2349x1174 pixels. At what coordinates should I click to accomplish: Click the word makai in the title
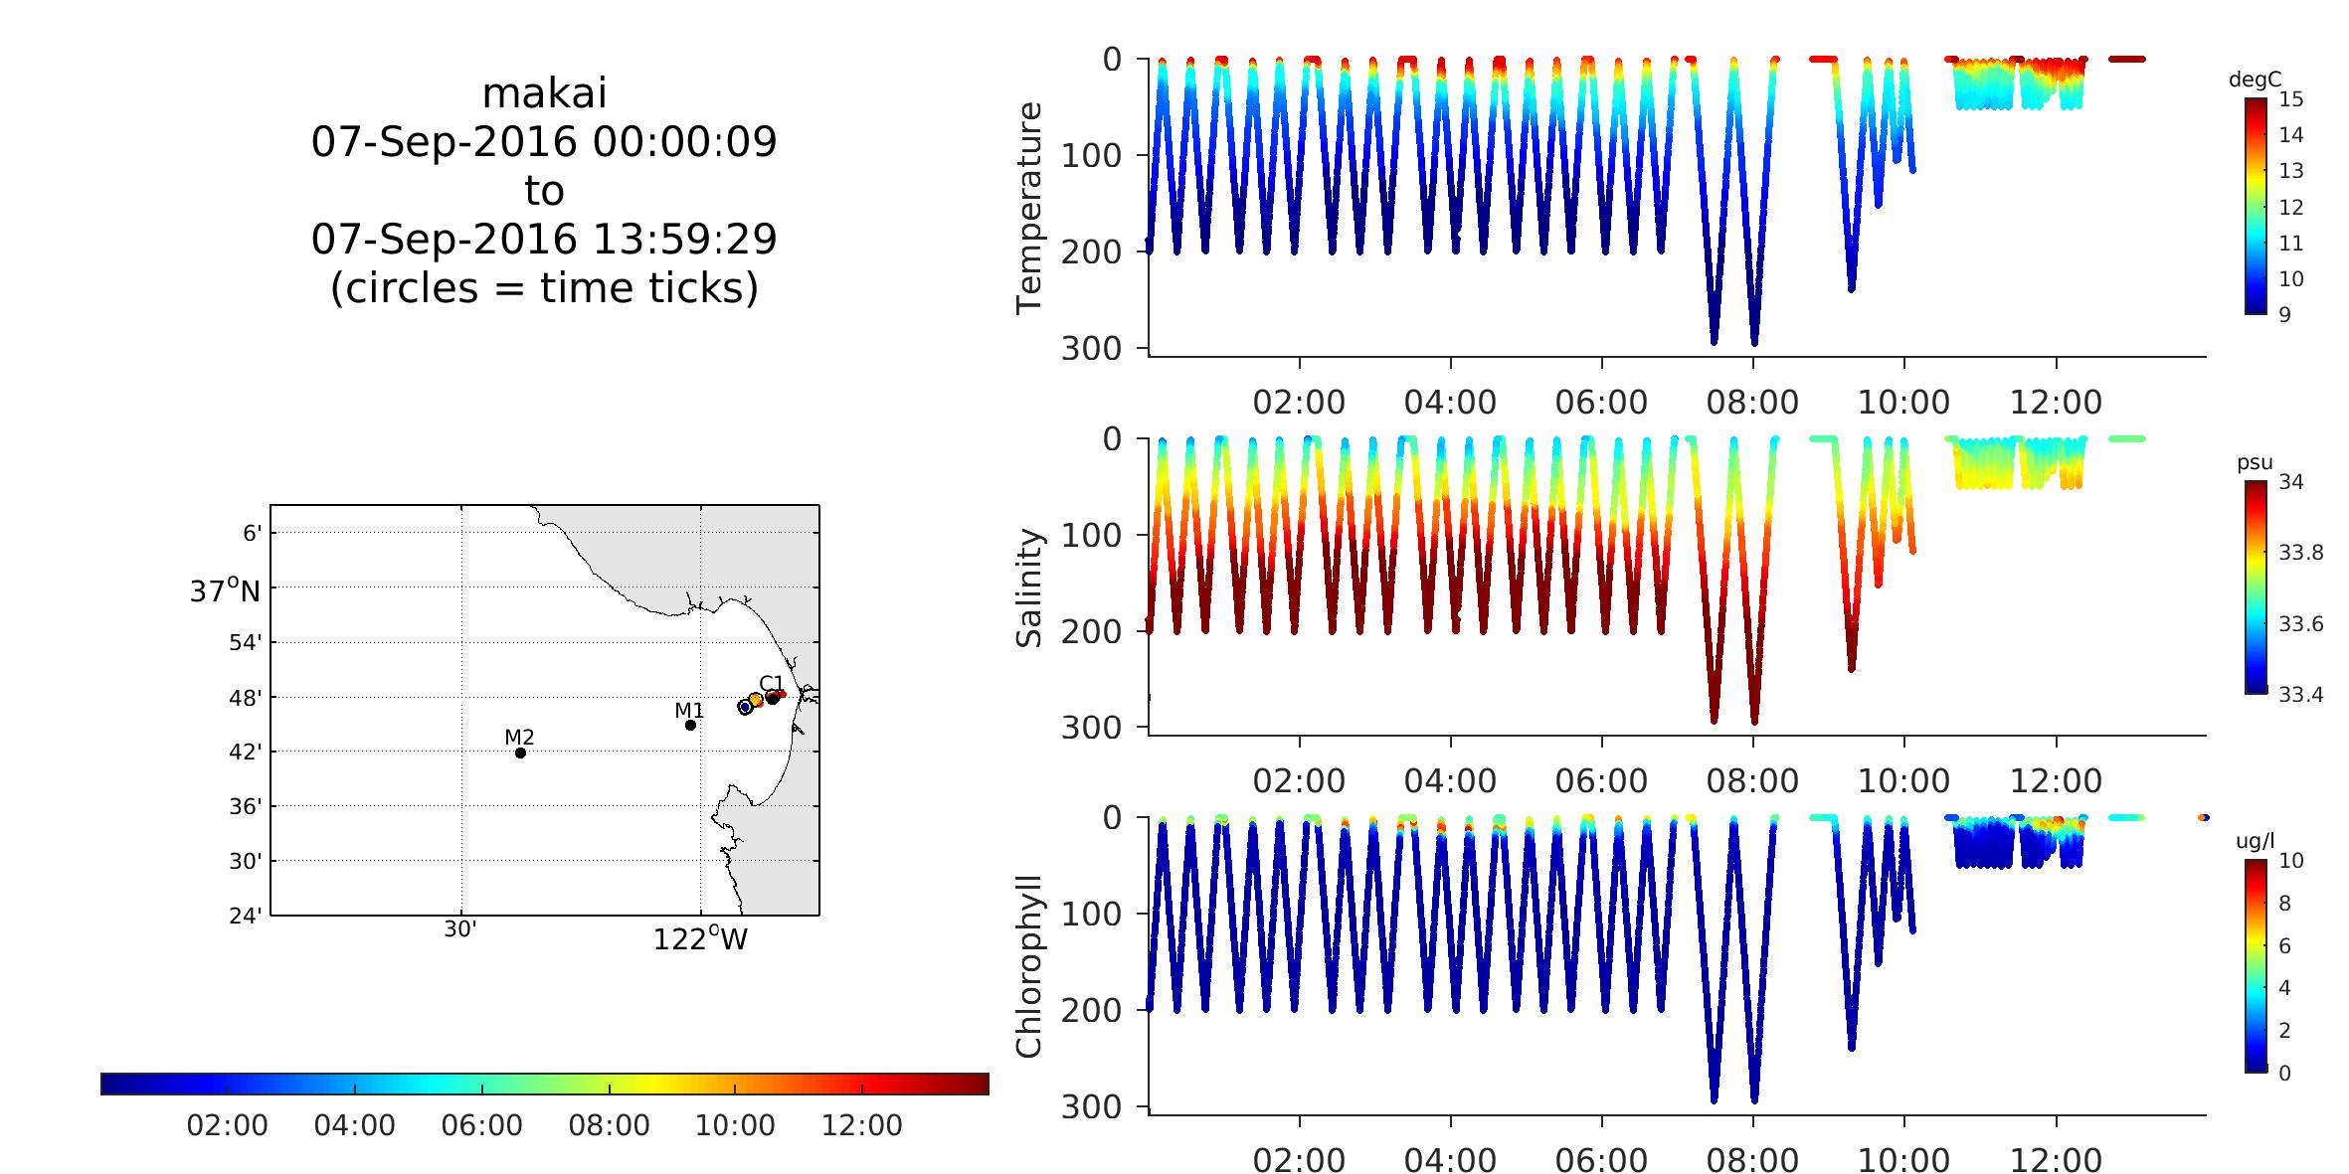544,94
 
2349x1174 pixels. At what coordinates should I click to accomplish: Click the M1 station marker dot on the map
690,725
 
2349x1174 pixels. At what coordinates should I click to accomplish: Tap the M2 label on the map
519,737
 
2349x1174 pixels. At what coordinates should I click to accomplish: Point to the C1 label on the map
771,682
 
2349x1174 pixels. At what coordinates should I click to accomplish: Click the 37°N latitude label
225,591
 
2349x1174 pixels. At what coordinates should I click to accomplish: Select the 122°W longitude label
699,939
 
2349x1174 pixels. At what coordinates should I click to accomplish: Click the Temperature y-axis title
1029,208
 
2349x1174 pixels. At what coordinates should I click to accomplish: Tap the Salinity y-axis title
1029,588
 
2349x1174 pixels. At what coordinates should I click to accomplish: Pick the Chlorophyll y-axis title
1029,966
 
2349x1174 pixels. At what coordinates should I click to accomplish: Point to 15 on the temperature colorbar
2291,99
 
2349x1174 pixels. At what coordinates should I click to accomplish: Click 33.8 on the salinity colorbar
2301,553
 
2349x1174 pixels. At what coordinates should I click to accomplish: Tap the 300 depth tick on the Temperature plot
1090,348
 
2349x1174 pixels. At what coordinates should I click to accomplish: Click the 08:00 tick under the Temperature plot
1752,403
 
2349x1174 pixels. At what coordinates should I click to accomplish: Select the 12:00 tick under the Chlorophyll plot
2056,1160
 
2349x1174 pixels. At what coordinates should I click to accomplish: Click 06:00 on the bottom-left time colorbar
481,1125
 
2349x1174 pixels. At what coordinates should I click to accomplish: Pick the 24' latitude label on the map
245,916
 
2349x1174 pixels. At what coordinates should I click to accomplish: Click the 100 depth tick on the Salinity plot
1090,535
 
